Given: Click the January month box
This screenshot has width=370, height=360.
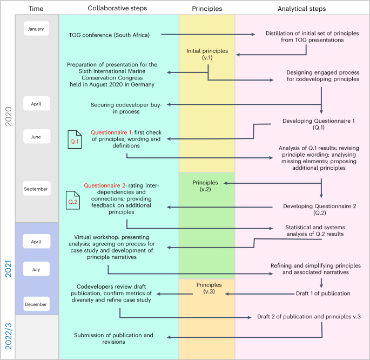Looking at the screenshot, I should pyautogui.click(x=37, y=28).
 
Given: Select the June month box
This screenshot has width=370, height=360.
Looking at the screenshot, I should pyautogui.click(x=37, y=137).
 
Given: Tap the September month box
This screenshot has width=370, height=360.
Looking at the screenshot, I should pyautogui.click(x=37, y=189).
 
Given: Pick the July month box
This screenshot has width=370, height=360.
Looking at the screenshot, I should pyautogui.click(x=37, y=269).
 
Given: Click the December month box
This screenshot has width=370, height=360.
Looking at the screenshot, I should pyautogui.click(x=37, y=304).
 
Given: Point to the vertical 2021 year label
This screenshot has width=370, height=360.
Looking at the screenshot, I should pyautogui.click(x=8, y=268).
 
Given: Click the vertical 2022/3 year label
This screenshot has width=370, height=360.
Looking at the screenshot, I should pyautogui.click(x=8, y=337).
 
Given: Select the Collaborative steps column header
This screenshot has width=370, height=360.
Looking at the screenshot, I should pyautogui.click(x=117, y=8).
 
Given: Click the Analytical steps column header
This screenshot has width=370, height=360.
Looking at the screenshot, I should pyautogui.click(x=301, y=8).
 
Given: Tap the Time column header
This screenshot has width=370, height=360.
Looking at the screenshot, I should pyautogui.click(x=37, y=8).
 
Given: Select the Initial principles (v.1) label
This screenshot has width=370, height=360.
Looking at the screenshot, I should pyautogui.click(x=207, y=54).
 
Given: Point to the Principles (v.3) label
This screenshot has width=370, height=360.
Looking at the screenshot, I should pyautogui.click(x=207, y=288).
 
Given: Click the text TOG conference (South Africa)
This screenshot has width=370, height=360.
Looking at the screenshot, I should pyautogui.click(x=109, y=36).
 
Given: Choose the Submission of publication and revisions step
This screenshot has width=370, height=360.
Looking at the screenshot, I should pyautogui.click(x=114, y=338).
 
